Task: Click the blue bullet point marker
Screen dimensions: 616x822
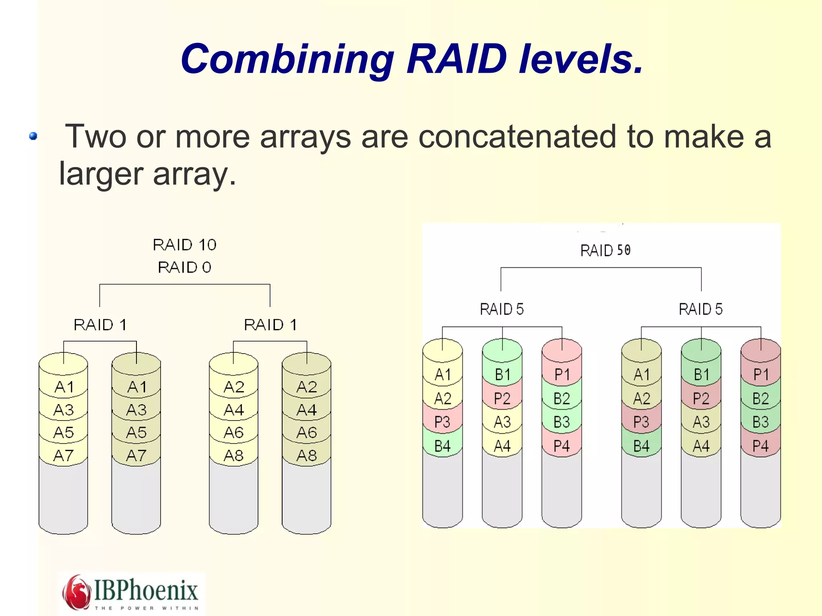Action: (33, 136)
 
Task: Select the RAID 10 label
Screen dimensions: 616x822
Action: (185, 245)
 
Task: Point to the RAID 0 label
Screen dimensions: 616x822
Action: (185, 267)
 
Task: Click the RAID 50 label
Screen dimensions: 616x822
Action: (605, 250)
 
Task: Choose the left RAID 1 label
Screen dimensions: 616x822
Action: (100, 325)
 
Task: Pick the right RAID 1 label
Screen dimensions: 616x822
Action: (271, 325)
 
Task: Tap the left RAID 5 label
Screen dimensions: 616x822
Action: (502, 309)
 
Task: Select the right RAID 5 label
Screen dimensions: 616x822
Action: (700, 309)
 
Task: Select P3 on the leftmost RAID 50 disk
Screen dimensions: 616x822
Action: (442, 422)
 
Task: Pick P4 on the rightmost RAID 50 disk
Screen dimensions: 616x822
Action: (760, 446)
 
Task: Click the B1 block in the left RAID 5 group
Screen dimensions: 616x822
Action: (502, 375)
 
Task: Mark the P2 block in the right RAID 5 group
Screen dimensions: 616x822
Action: (701, 398)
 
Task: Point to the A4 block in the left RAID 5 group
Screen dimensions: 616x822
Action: (502, 446)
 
